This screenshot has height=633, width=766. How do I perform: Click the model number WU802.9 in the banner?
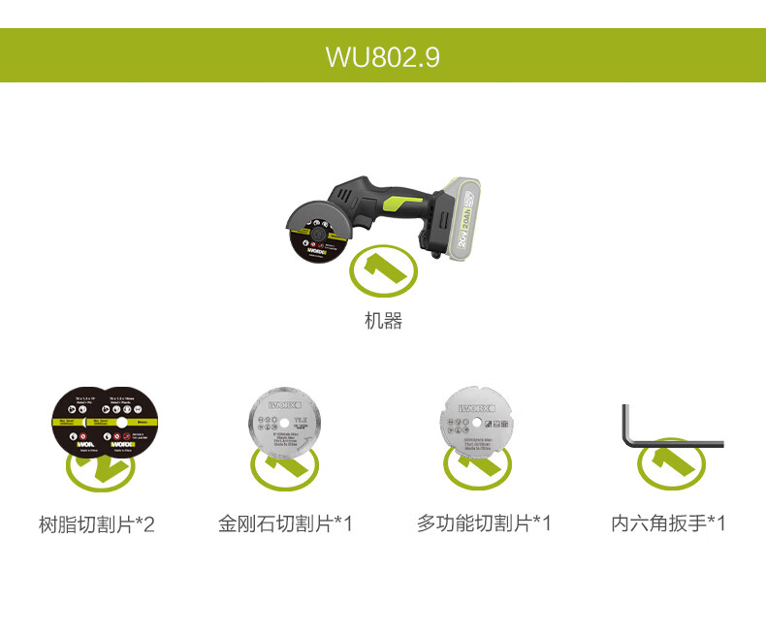pos(383,56)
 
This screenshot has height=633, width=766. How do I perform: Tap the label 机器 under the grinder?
pos(383,321)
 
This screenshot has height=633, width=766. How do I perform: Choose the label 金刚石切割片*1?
pos(285,524)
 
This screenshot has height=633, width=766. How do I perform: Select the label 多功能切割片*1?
pos(484,524)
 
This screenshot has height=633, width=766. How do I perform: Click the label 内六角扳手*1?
pos(668,524)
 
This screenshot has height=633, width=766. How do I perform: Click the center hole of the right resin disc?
pos(120,423)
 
